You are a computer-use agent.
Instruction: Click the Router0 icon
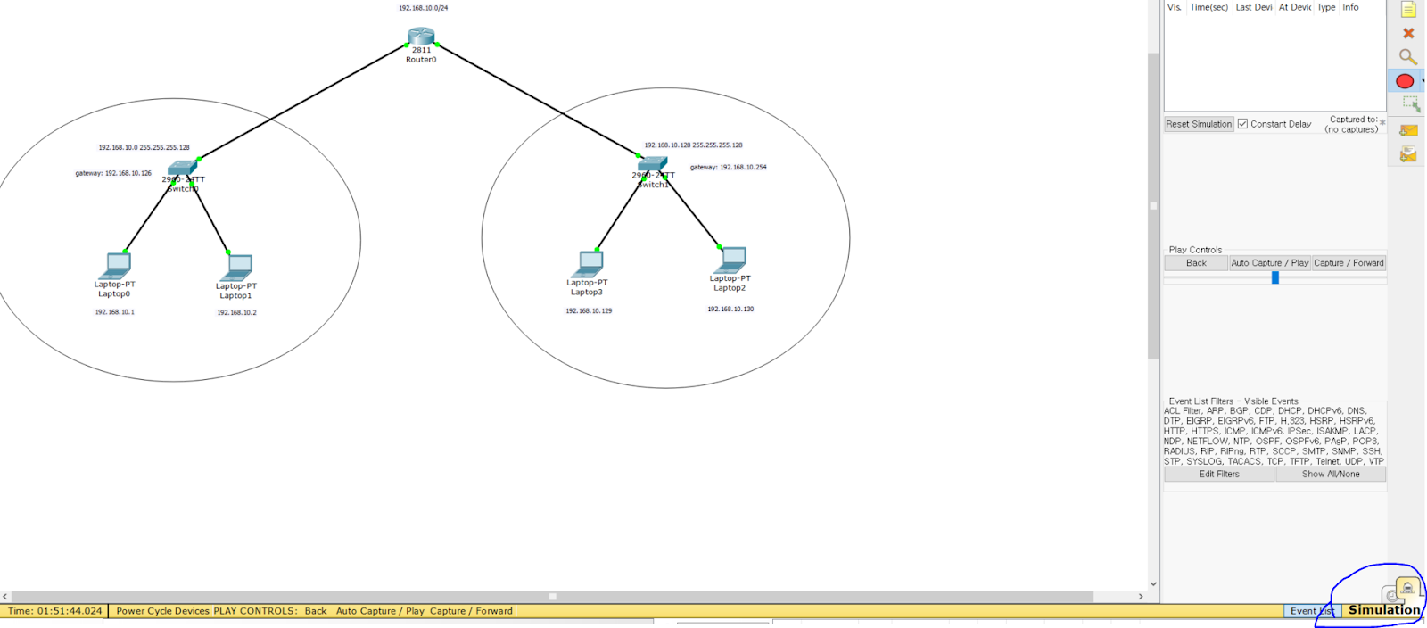pos(421,37)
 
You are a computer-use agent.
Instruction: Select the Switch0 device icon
pos(182,168)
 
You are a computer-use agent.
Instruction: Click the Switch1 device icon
pos(652,164)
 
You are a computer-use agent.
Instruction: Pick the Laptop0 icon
pos(116,266)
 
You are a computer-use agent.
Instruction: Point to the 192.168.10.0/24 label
pos(424,8)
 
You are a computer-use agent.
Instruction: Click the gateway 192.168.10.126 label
pos(113,173)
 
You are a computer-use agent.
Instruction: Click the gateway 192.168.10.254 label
pos(728,167)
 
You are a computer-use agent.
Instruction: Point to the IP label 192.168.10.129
pos(589,311)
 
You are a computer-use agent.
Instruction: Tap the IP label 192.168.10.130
pos(730,310)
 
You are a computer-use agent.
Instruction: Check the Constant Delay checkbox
pos(1242,124)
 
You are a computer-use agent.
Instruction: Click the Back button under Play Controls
pos(1196,263)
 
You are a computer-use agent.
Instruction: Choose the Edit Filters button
pos(1219,475)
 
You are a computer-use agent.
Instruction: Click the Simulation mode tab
pos(1383,610)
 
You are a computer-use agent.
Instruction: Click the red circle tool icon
pos(1405,81)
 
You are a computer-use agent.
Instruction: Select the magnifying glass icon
pos(1407,57)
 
